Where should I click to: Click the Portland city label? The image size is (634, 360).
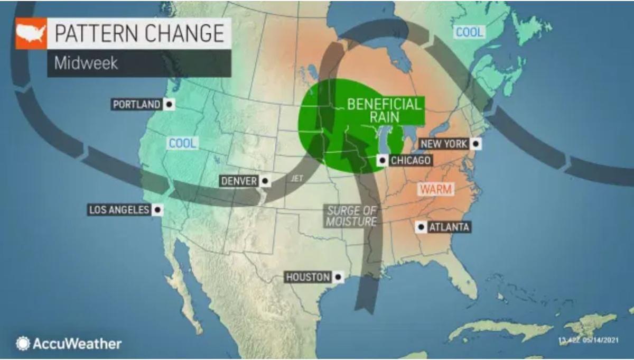point(137,105)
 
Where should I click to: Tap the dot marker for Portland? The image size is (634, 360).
point(169,105)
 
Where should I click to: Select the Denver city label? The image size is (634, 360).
point(239,181)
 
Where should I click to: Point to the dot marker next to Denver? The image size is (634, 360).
point(265,181)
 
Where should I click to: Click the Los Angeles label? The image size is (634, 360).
point(119,210)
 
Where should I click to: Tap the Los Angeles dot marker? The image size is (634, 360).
point(157,210)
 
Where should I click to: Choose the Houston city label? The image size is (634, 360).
point(308,276)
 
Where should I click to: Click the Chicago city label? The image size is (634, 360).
point(410,160)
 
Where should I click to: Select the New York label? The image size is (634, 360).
point(443,144)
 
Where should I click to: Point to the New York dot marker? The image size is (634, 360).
point(476,144)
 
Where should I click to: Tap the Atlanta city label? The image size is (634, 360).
point(449,227)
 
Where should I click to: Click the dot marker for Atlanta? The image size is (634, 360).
point(421,227)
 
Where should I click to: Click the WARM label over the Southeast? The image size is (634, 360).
point(436,189)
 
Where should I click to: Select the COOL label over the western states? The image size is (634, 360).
point(182,143)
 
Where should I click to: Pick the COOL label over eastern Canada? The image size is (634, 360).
point(469,32)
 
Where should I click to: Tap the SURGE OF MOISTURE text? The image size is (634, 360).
point(351,216)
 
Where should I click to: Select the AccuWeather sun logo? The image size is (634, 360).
point(23,344)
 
